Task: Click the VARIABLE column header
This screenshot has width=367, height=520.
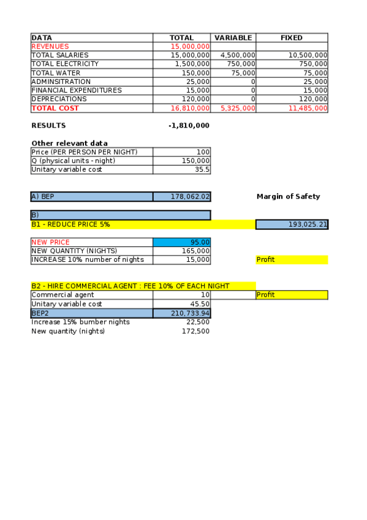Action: (233, 38)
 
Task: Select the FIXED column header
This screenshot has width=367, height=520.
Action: (292, 38)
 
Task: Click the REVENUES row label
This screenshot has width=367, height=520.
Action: (50, 47)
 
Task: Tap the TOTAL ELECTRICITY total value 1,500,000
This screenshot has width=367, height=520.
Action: (192, 64)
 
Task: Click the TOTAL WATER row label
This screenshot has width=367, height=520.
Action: (56, 73)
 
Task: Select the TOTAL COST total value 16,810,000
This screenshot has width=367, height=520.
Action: (191, 109)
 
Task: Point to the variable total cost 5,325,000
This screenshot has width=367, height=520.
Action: (238, 109)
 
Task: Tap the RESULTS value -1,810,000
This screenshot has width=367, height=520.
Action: (189, 126)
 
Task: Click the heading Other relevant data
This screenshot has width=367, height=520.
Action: (69, 143)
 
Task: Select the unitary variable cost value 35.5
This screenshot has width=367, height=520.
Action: (202, 170)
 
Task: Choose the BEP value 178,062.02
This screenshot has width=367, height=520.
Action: (190, 197)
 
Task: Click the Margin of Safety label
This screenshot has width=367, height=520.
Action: (288, 197)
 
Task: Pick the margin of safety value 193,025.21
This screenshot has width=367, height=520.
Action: (308, 225)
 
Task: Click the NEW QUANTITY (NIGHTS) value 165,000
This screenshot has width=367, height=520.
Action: (196, 251)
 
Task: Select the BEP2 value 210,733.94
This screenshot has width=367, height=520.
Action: (190, 313)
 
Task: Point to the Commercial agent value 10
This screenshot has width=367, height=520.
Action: (205, 295)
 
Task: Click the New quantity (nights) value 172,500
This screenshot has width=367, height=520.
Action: (196, 331)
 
